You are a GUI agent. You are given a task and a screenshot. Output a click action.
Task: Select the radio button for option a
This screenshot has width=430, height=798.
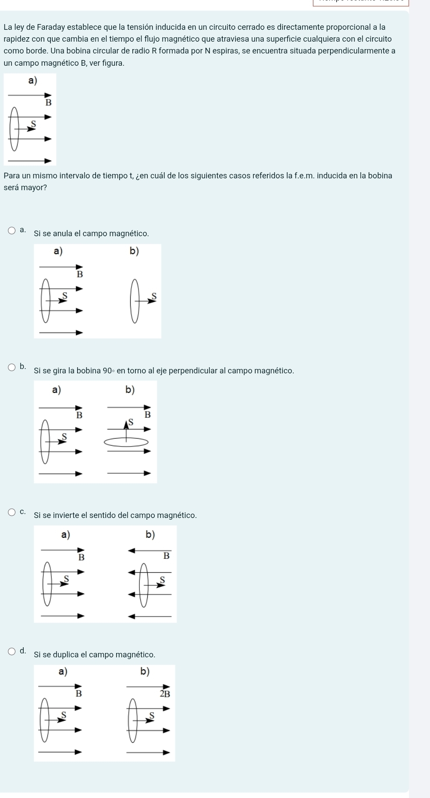pyautogui.click(x=12, y=231)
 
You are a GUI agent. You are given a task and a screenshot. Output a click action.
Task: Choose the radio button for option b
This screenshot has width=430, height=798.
pyautogui.click(x=12, y=367)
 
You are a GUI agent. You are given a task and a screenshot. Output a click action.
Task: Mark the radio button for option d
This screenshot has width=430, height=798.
pyautogui.click(x=12, y=652)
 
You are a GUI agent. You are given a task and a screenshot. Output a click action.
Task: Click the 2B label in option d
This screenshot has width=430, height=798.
pyautogui.click(x=164, y=694)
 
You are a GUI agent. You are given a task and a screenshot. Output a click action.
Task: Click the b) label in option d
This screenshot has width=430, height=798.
pyautogui.click(x=145, y=671)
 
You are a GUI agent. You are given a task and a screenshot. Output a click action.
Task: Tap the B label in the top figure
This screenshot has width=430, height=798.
pyautogui.click(x=49, y=103)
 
